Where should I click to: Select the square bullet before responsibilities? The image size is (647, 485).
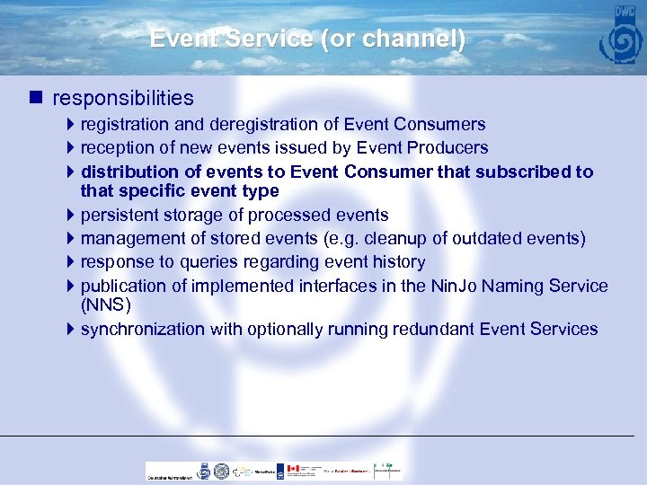tap(36, 97)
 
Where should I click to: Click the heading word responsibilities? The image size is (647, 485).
tap(123, 97)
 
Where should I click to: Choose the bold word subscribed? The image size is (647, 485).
tap(503, 172)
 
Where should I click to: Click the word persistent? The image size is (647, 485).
tap(120, 216)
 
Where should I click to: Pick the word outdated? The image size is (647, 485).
tap(530, 239)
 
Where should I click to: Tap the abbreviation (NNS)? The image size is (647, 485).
tap(105, 305)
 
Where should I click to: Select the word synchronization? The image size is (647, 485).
tap(143, 330)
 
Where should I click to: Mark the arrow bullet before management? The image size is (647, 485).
tap(72, 239)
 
